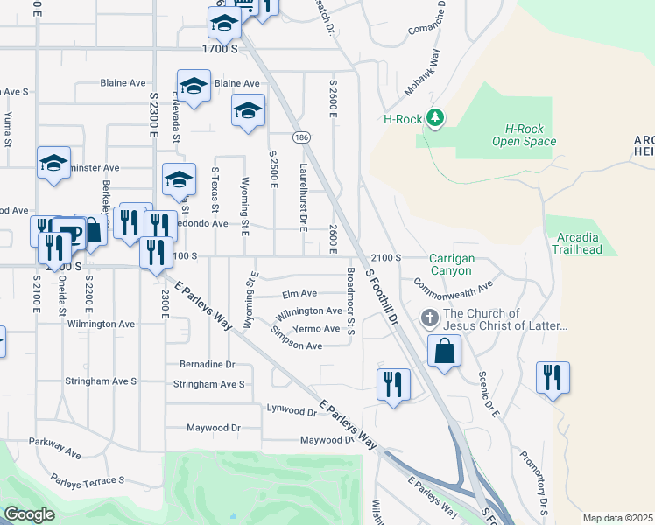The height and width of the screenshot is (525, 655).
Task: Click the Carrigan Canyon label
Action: click(452, 265)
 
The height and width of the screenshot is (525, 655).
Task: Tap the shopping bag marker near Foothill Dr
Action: click(445, 352)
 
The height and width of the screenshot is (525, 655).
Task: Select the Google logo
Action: click(29, 514)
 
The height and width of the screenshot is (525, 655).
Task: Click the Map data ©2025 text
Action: click(618, 518)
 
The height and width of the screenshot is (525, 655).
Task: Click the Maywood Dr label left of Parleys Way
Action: click(215, 428)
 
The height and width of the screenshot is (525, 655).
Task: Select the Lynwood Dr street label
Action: click(292, 409)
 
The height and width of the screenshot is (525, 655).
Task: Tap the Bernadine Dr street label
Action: click(208, 364)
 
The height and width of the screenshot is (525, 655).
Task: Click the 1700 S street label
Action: click(220, 49)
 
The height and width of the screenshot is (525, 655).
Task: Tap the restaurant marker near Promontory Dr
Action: click(553, 378)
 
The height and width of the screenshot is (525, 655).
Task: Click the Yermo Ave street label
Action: click(316, 329)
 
